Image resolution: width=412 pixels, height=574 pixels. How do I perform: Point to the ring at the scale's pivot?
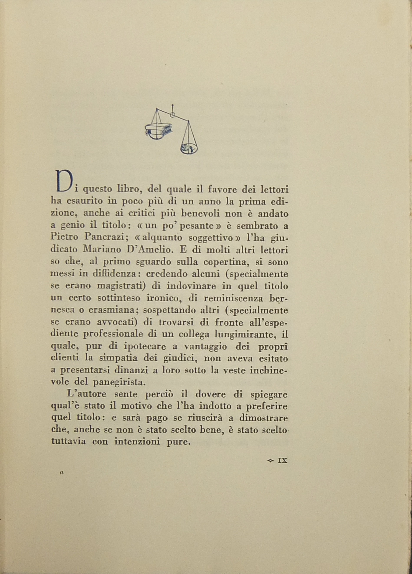click(x=172, y=115)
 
